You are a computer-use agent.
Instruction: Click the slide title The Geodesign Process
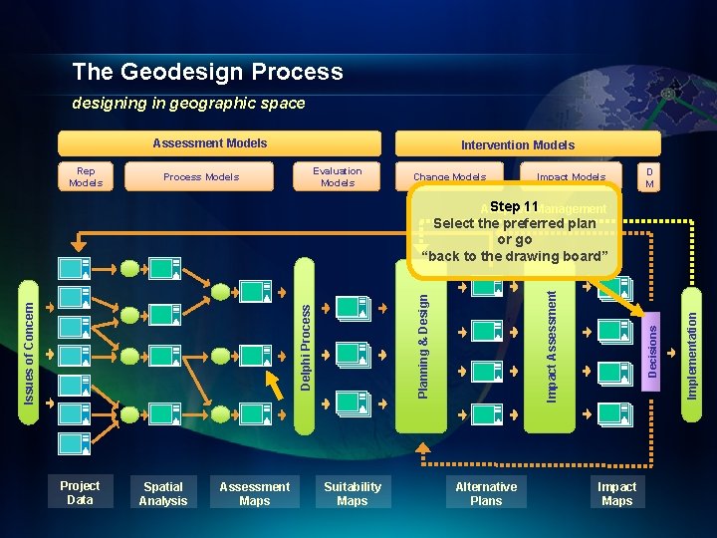point(207,72)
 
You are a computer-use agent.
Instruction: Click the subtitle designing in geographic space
point(188,104)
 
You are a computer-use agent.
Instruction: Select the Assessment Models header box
point(219,143)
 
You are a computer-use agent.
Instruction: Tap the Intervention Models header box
point(517,144)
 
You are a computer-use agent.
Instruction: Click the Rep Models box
point(86,176)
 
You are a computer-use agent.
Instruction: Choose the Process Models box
point(201,176)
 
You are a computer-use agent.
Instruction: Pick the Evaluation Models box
point(338,176)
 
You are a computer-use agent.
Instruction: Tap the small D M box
point(649,176)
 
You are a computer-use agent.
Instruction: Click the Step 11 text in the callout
point(514,207)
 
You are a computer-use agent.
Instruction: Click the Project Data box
point(80,493)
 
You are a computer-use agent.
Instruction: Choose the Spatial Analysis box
point(163,493)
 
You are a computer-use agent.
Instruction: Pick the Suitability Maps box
point(352,493)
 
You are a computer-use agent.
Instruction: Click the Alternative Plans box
point(486,493)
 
